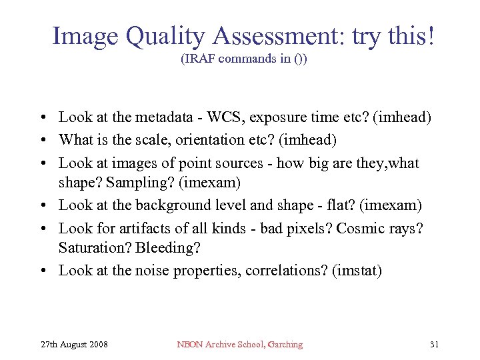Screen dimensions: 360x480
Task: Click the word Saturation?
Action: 95,248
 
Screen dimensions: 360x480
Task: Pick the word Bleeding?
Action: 167,248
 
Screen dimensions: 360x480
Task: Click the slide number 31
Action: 434,345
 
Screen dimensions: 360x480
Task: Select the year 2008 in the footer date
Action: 97,345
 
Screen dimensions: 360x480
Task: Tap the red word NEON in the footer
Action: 189,345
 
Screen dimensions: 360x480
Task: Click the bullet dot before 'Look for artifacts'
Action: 43,228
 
